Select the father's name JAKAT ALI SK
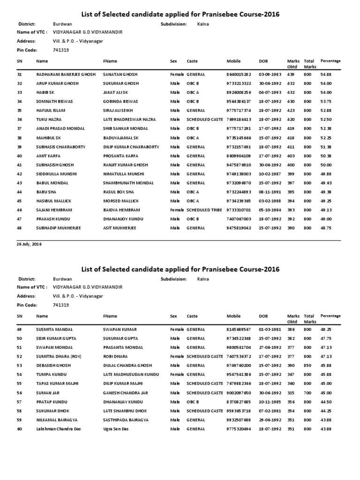point(115,92)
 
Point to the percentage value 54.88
point(326,75)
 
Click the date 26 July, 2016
point(29,244)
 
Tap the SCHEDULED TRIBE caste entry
point(204,210)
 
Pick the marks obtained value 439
point(291,75)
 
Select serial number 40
point(20,156)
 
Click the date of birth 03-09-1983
point(270,75)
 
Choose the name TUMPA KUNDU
point(51,375)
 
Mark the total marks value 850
point(307,366)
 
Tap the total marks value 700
point(307,393)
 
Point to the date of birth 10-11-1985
point(270,402)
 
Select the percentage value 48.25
point(326,330)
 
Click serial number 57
point(20,402)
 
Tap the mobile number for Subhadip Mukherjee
point(239,228)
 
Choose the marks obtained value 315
point(291,393)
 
